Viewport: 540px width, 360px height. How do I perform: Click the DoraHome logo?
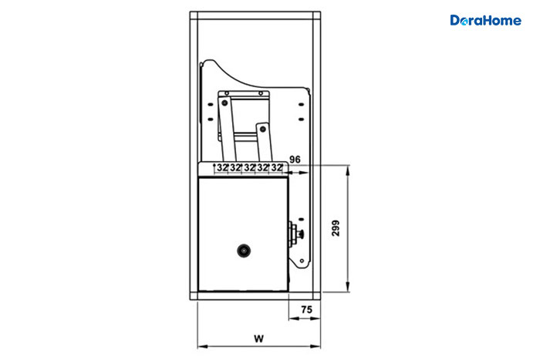485,20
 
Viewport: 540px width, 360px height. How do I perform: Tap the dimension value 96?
295,160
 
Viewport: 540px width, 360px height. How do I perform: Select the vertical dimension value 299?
336,228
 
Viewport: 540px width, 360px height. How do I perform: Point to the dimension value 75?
306,310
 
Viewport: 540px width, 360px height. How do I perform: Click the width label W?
259,338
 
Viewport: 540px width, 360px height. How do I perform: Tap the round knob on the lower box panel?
244,251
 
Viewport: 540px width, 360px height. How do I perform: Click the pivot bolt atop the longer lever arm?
225,103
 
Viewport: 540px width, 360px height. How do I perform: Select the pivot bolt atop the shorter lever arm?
263,130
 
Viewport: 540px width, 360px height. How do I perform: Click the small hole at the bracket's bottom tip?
302,261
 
